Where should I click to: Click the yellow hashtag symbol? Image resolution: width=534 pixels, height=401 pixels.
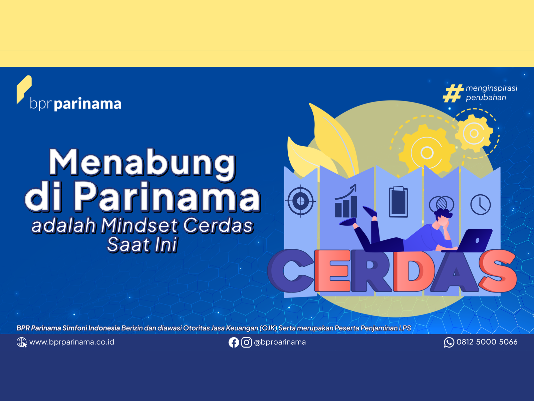[x=453, y=93]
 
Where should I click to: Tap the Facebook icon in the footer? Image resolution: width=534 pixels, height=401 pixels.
[x=234, y=342]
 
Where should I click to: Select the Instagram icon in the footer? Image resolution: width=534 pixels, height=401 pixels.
[x=246, y=342]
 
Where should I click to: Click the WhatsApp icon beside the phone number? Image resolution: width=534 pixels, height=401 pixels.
[x=449, y=342]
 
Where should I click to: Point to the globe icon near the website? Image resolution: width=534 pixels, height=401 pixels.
[x=22, y=342]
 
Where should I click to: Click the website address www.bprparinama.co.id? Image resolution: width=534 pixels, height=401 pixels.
[x=71, y=342]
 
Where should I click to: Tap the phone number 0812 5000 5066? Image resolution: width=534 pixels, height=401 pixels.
[x=487, y=342]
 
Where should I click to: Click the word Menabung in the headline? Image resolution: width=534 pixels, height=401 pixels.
[x=142, y=163]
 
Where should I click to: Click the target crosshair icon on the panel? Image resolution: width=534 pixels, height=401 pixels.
[x=301, y=201]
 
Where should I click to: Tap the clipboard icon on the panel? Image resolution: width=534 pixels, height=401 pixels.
[x=398, y=201]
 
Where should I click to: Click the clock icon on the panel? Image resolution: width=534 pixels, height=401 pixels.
[x=481, y=205]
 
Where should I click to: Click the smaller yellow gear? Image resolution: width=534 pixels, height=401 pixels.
[x=474, y=133]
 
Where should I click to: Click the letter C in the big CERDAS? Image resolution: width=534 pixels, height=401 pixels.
[x=291, y=271]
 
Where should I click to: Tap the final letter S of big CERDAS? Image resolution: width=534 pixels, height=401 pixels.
[x=498, y=271]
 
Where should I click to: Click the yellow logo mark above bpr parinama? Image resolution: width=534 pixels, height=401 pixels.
[x=24, y=89]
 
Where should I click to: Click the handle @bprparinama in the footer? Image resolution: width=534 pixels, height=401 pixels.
[x=280, y=342]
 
